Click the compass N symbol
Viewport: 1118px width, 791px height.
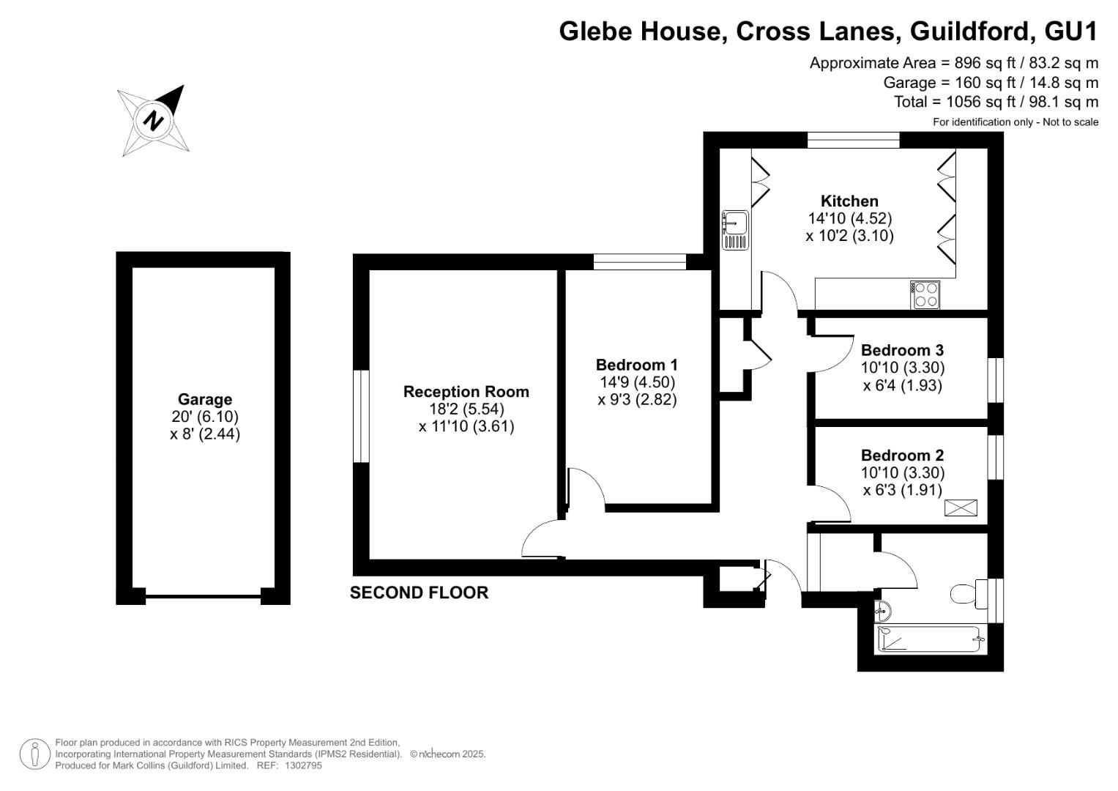[153, 121]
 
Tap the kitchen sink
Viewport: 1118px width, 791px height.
[735, 230]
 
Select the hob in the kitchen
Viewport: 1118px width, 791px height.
[925, 294]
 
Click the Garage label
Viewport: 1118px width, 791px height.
[205, 399]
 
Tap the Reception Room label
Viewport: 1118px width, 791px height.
[466, 392]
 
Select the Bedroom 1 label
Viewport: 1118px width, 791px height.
[637, 365]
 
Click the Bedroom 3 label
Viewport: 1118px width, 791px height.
[903, 350]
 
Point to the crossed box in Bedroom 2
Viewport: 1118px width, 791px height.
[961, 508]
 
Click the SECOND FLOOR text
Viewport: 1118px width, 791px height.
[419, 593]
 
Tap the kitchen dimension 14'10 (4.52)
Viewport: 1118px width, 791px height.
[849, 218]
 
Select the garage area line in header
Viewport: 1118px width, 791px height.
[991, 82]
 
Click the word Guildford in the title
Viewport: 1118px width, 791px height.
[969, 31]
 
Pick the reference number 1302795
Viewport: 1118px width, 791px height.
[303, 765]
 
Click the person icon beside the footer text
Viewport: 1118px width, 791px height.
[34, 754]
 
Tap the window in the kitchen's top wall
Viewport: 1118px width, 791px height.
[854, 140]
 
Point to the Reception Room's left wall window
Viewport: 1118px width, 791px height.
[361, 417]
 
